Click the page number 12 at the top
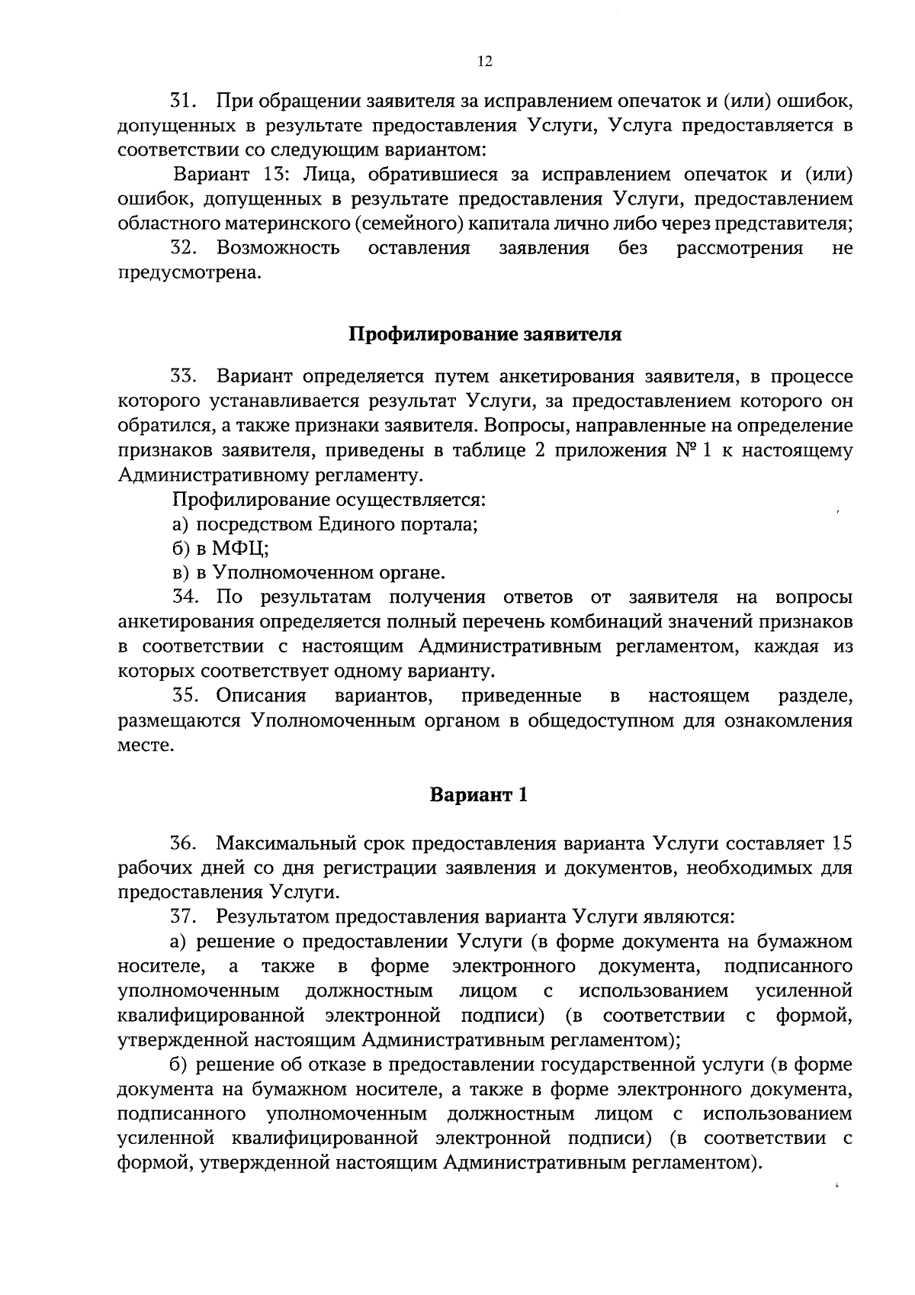click(485, 63)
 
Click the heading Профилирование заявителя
click(485, 335)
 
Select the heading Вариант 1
click(479, 795)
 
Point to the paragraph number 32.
click(184, 248)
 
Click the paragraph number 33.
click(184, 377)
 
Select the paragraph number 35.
click(185, 696)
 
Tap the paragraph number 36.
click(184, 844)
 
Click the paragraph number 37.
click(184, 916)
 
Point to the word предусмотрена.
click(189, 273)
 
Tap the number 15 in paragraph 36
click(842, 844)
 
